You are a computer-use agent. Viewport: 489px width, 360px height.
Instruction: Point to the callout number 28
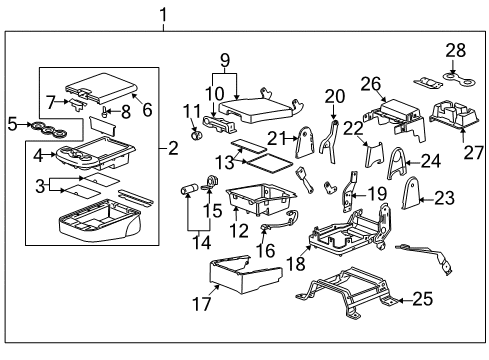(456, 50)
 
